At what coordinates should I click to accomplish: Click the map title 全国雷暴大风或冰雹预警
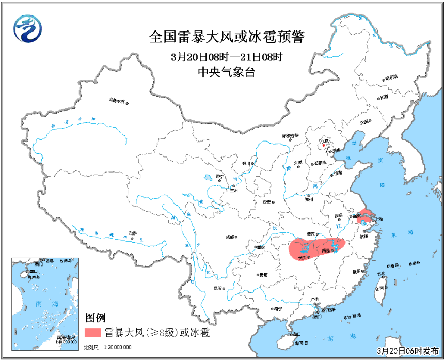(x=227, y=37)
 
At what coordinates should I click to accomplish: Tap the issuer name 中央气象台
(x=227, y=73)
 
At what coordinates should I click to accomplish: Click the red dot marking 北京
(x=324, y=145)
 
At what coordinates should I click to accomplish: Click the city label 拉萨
(x=133, y=234)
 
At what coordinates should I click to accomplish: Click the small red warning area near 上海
(x=366, y=213)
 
